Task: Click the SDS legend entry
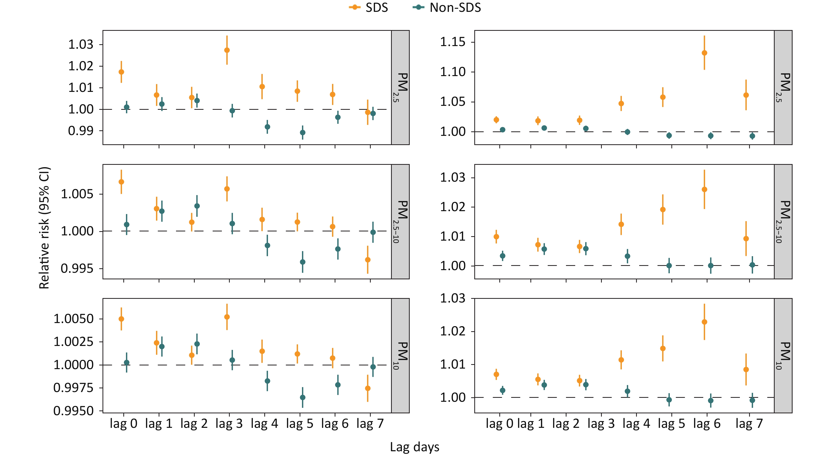tap(369, 7)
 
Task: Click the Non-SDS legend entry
tap(447, 7)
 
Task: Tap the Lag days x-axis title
tap(414, 447)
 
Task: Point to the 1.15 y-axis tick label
tap(453, 42)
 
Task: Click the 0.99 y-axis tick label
tap(81, 131)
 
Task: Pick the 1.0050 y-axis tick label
tap(74, 319)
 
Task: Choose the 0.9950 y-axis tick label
tap(74, 411)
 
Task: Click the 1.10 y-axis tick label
tap(453, 72)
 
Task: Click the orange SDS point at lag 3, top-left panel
tap(227, 50)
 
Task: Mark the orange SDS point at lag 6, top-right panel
tap(704, 53)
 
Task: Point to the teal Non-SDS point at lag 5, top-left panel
tap(302, 132)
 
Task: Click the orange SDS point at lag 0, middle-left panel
tap(121, 182)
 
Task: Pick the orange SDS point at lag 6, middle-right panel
tap(704, 189)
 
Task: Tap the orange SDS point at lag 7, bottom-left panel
tap(368, 388)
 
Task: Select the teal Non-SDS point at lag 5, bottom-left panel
tap(302, 397)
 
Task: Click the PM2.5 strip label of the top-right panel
tap(783, 87)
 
